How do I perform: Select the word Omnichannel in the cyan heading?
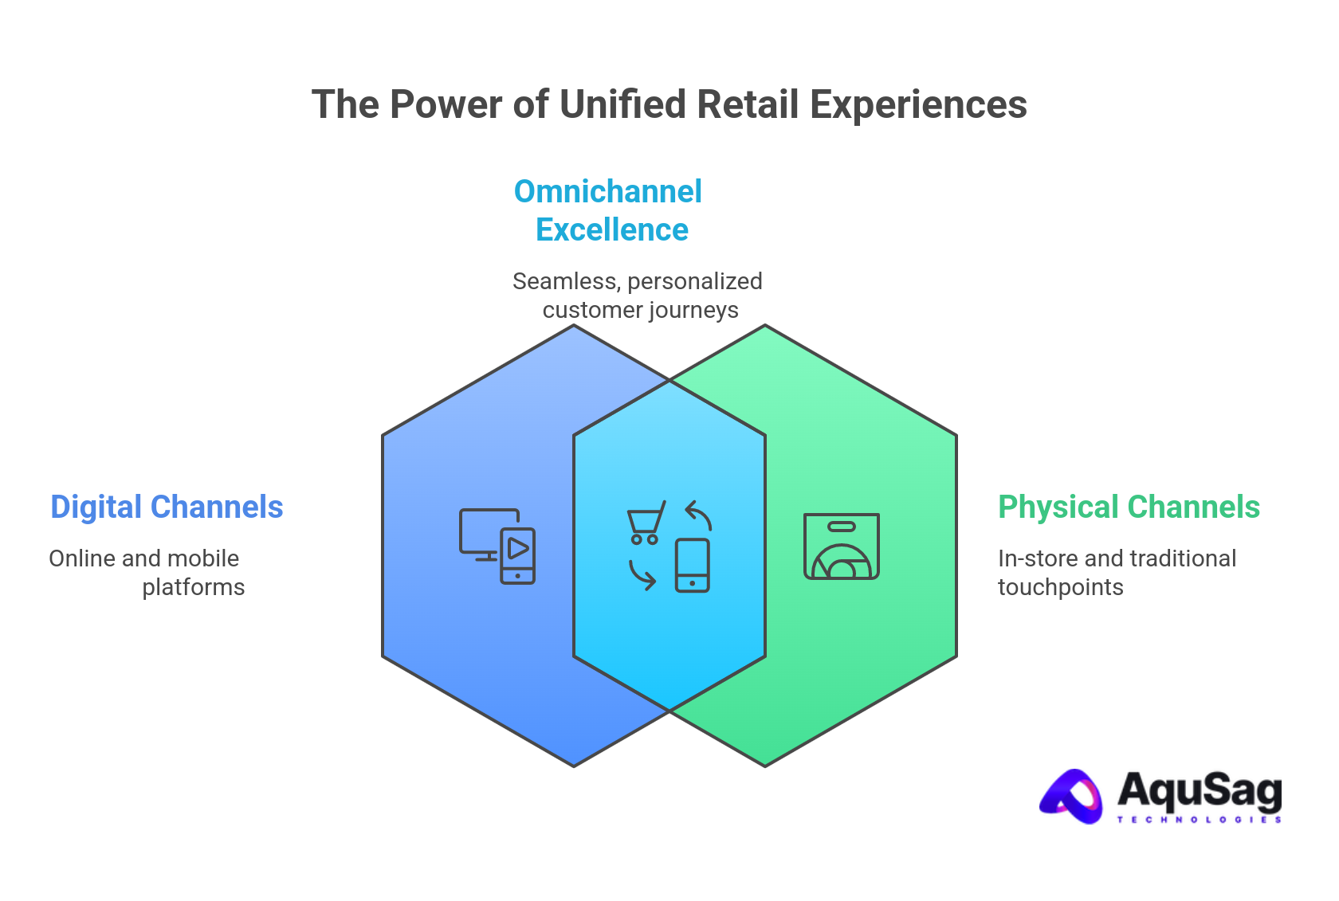click(607, 192)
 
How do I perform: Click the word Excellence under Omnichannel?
click(611, 230)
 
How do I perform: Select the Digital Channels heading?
click(167, 507)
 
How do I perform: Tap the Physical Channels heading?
click(1129, 507)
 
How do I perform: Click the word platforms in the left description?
click(194, 588)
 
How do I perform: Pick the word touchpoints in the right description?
click(1060, 588)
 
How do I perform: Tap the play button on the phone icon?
click(518, 549)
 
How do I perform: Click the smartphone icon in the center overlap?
click(692, 565)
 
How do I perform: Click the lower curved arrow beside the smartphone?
click(642, 574)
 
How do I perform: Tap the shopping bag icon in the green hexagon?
click(841, 546)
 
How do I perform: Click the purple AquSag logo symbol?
click(1072, 796)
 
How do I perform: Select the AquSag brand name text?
click(1199, 789)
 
